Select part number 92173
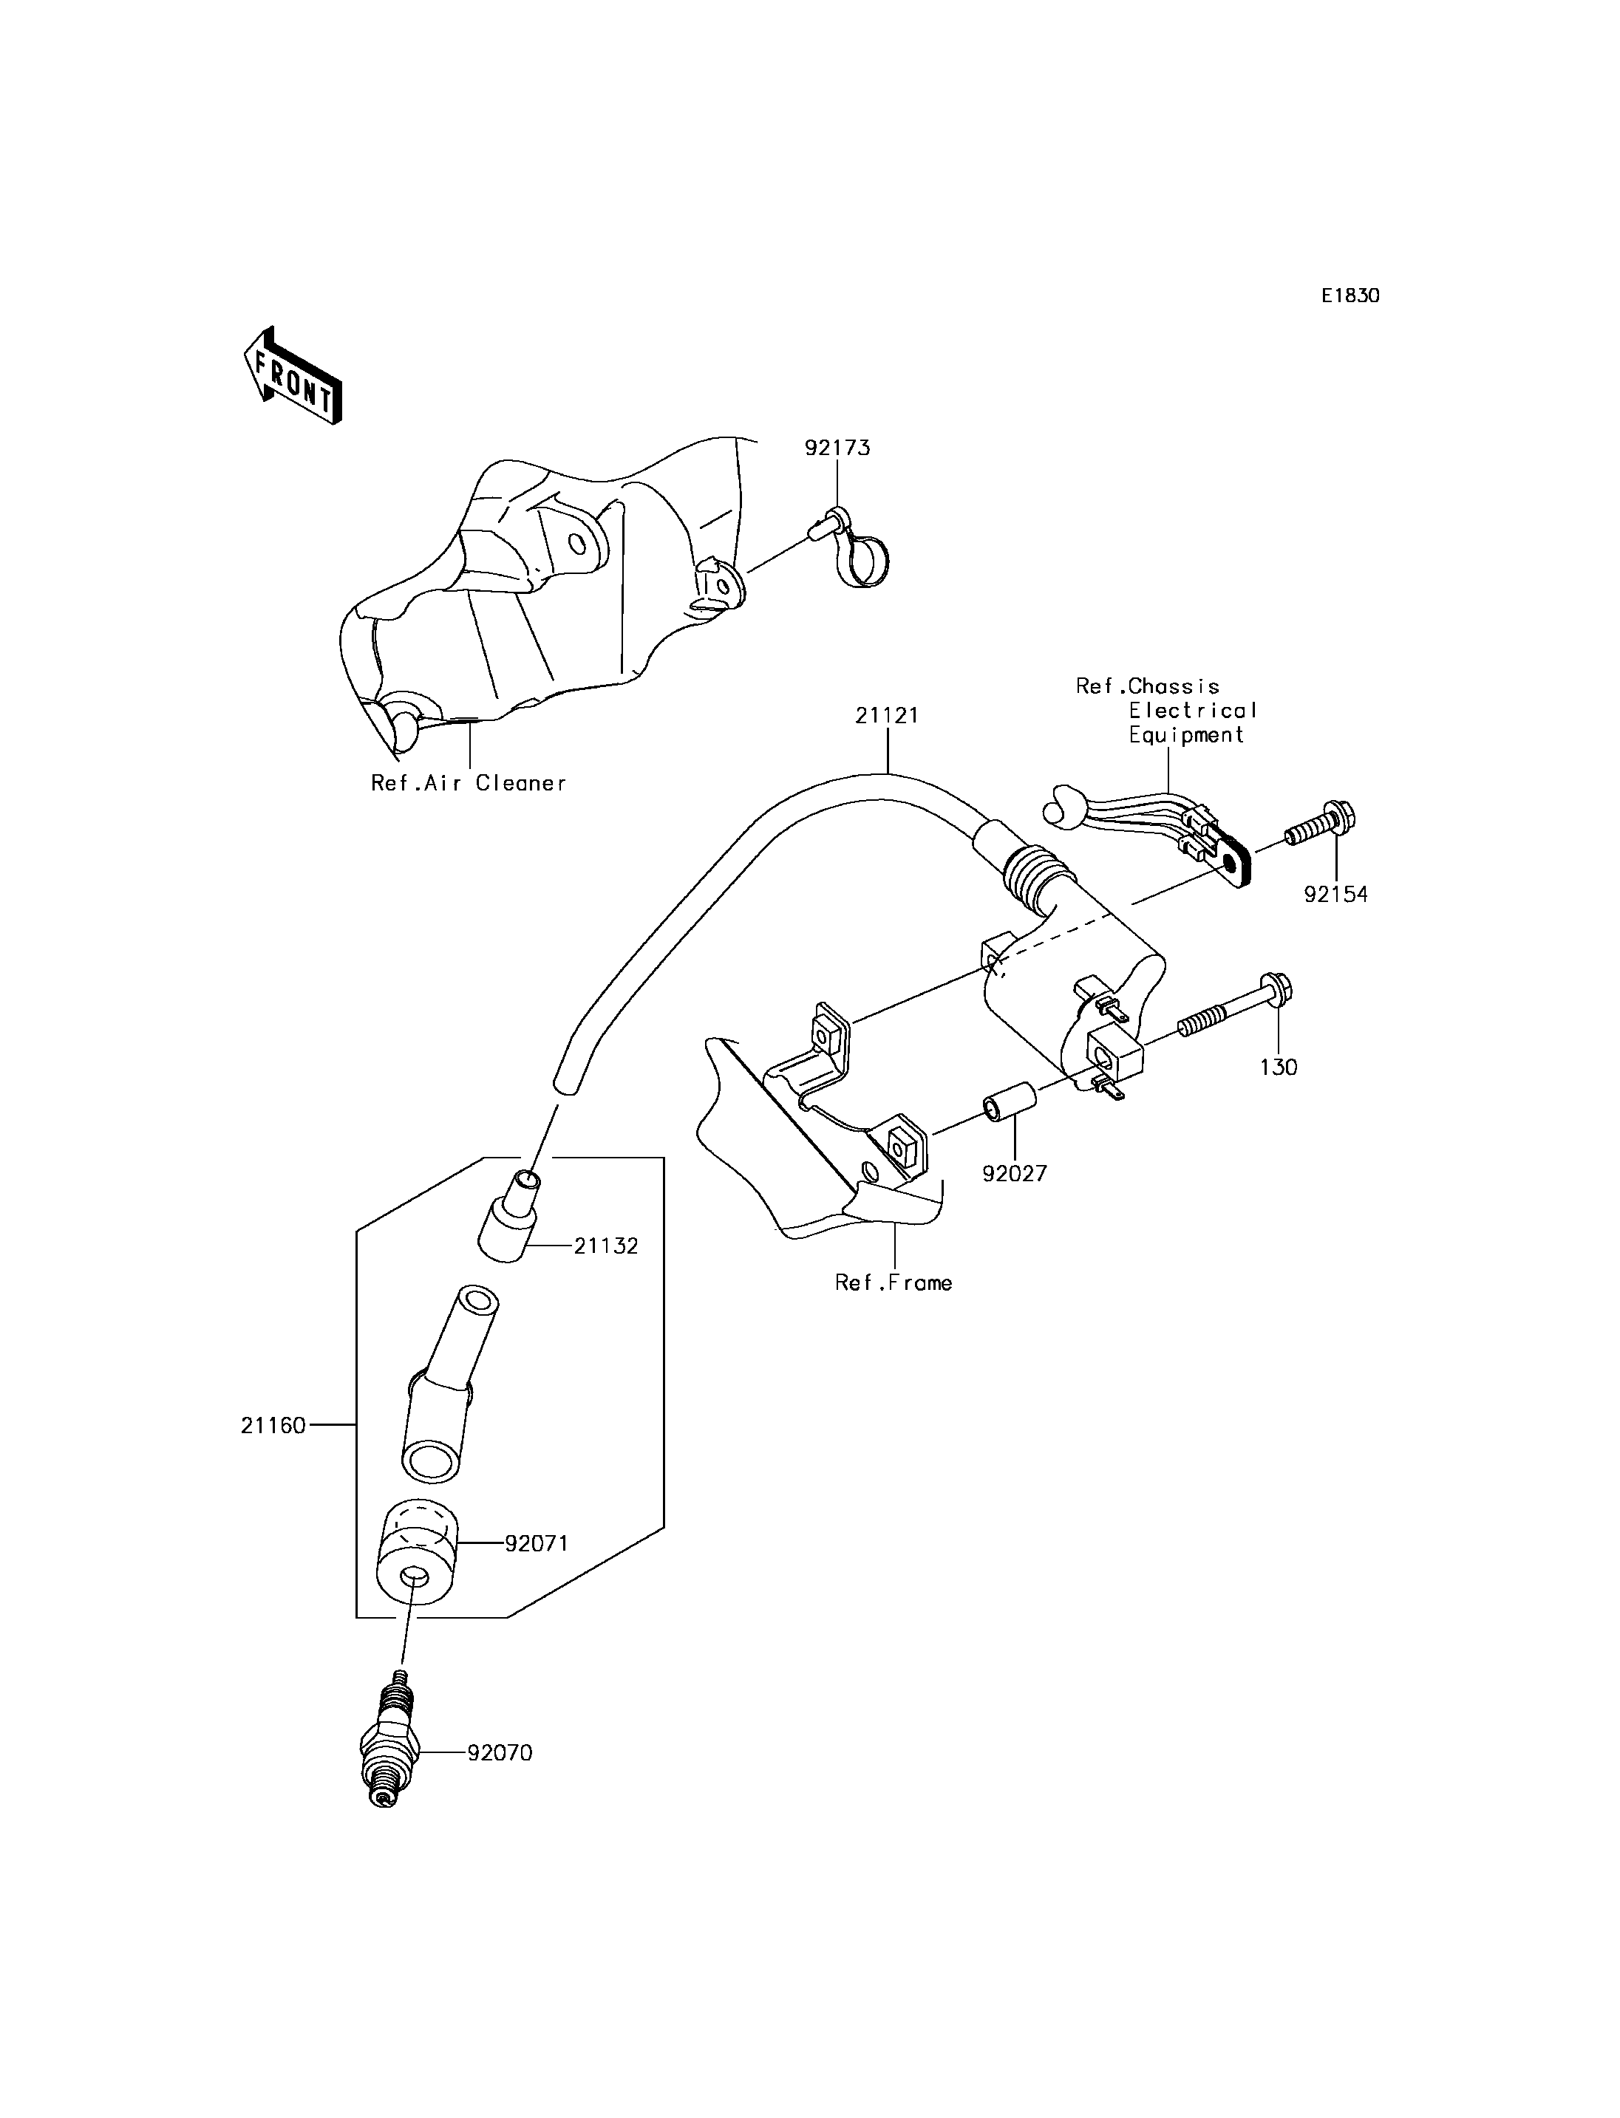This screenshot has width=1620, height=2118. click(x=838, y=448)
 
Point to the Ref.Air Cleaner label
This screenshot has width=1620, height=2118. click(x=469, y=783)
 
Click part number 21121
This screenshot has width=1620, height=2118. click(x=887, y=715)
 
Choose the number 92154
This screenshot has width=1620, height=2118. click(x=1335, y=894)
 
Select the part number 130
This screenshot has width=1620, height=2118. click(x=1279, y=1067)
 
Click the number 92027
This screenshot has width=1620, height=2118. click(x=1015, y=1173)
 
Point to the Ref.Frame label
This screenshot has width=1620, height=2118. click(x=894, y=1282)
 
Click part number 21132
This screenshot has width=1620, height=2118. click(x=607, y=1246)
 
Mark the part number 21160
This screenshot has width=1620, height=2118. click(x=273, y=1452)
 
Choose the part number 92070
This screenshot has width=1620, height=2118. click(x=500, y=1752)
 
